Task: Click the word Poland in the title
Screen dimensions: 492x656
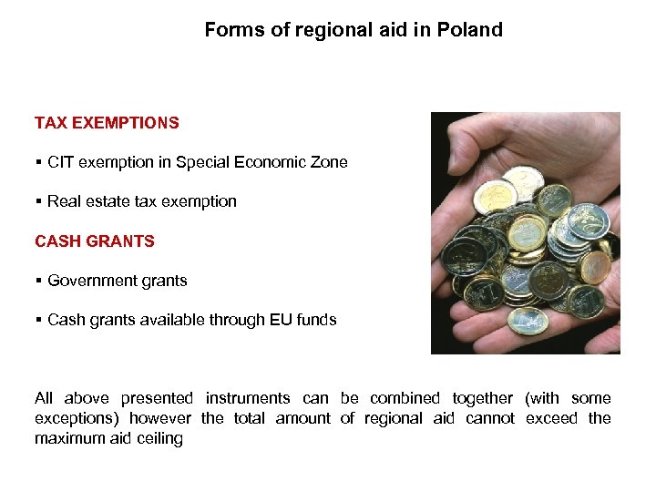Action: pos(469,30)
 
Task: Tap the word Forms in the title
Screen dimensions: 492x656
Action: pos(230,30)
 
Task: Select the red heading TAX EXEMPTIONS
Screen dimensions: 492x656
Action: pos(107,122)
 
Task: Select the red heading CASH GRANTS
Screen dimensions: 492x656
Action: pos(95,241)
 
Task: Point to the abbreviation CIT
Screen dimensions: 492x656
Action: pos(61,162)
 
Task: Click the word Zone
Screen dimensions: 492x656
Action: pos(329,162)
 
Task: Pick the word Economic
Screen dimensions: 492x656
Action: pos(269,162)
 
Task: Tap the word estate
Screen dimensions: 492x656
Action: pos(108,201)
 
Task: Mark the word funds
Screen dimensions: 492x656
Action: pos(316,320)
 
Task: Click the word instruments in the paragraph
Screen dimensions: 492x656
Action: pos(248,398)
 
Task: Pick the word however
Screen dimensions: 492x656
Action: pos(160,418)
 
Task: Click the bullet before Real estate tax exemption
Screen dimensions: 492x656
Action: pos(38,201)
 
